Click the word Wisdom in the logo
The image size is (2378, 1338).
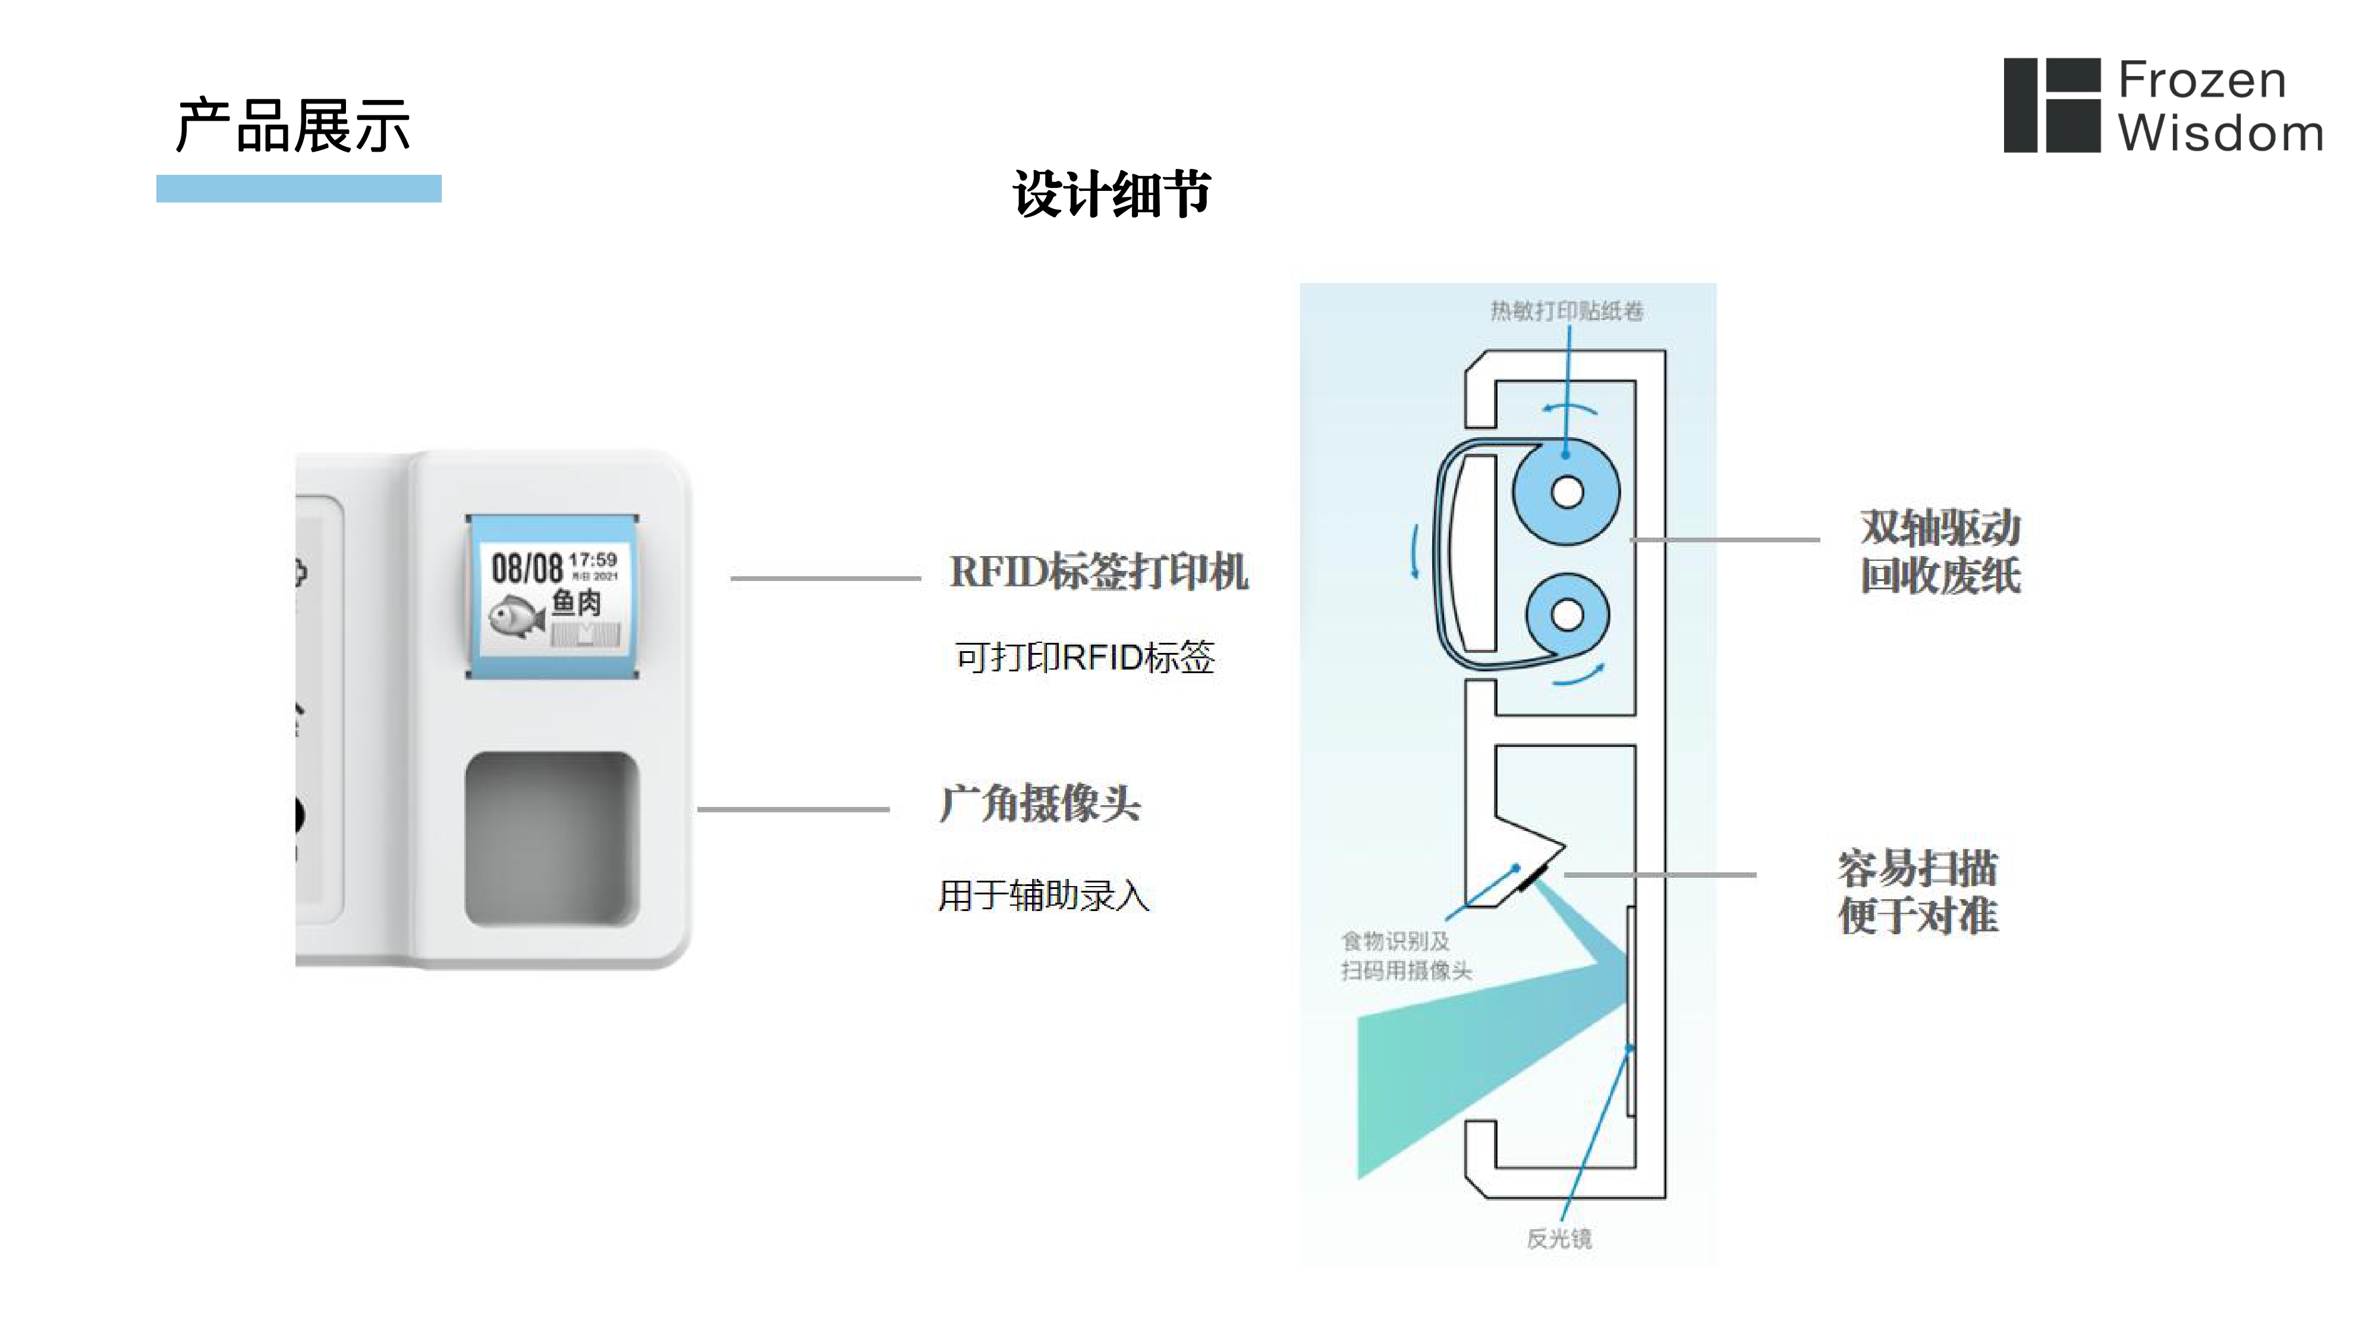(x=2220, y=134)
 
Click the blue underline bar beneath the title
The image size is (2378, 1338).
(x=298, y=189)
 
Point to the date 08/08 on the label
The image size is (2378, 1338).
(x=526, y=568)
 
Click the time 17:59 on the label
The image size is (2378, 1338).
(x=593, y=560)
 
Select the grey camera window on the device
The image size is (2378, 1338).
(x=552, y=838)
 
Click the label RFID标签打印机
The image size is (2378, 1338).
(x=1099, y=571)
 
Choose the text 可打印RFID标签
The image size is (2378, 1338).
(x=1085, y=658)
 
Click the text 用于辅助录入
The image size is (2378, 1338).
(x=1044, y=896)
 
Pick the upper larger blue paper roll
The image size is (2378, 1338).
(x=1567, y=491)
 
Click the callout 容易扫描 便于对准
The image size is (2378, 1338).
(x=1917, y=892)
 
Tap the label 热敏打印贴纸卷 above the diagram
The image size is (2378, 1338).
(x=1567, y=311)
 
